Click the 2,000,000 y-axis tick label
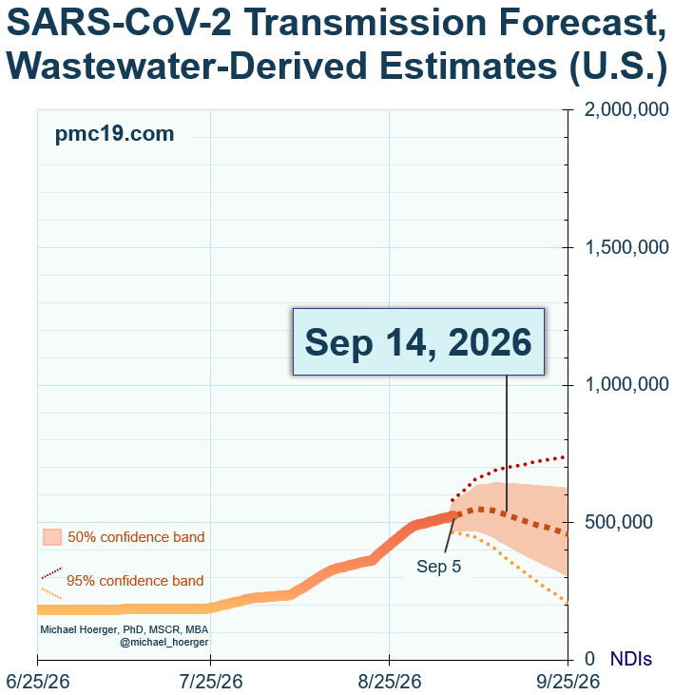coord(626,109)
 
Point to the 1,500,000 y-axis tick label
coord(626,247)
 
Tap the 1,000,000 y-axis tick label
coord(626,384)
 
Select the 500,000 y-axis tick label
coord(619,522)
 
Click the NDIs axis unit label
coord(631,659)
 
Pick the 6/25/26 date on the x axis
coord(38,682)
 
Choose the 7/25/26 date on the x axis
coord(211,682)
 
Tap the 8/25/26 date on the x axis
coord(390,682)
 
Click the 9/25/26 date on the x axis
coord(568,682)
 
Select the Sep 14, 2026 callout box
coord(418,341)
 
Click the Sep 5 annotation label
coord(438,567)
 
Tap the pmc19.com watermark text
coord(114,134)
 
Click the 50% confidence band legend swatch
coord(52,537)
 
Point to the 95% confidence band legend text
coord(135,581)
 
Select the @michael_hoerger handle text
coord(164,642)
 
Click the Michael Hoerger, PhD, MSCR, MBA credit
coord(125,629)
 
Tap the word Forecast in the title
coord(583,23)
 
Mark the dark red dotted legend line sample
coord(52,572)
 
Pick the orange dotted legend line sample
coord(52,594)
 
